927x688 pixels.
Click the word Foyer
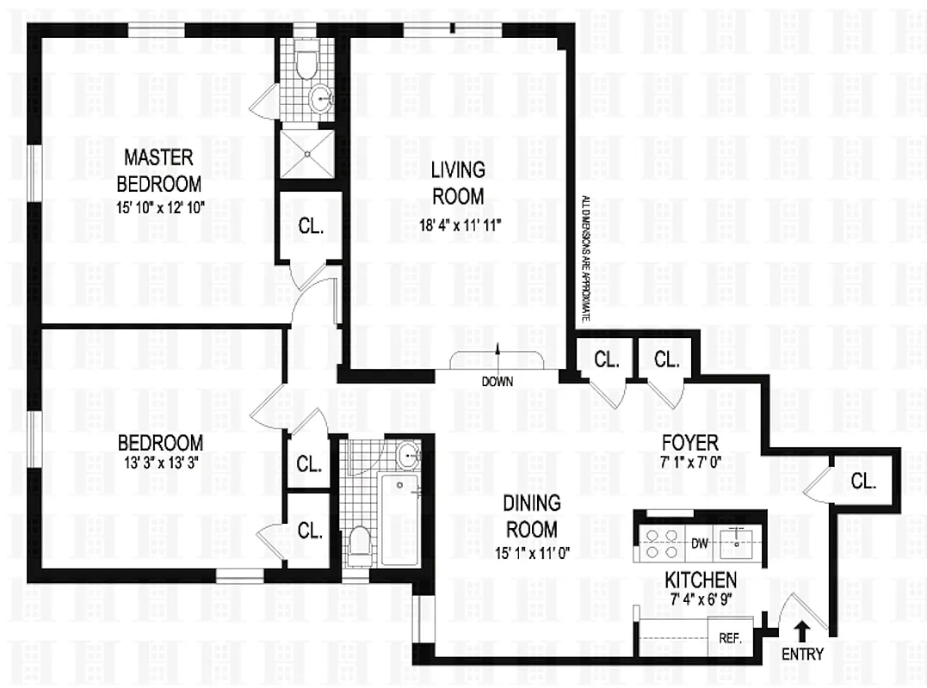coord(689,443)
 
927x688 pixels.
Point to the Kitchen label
coord(700,579)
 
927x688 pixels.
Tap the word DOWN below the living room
coord(498,381)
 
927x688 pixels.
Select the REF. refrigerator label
coord(729,639)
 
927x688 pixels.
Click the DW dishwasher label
coord(700,542)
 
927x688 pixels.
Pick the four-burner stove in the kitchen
coord(658,543)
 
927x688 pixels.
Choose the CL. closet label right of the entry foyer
coord(863,482)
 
